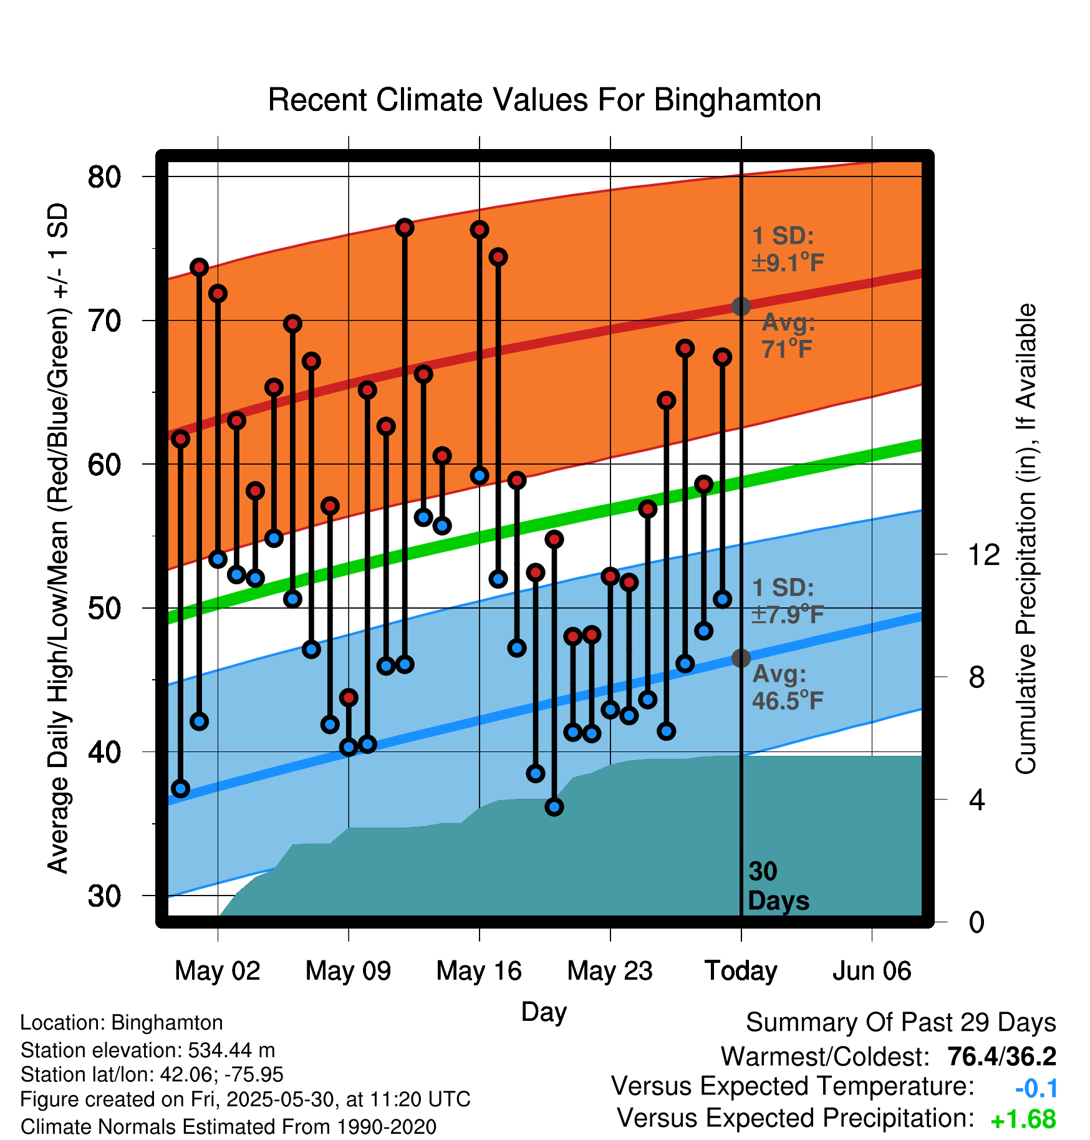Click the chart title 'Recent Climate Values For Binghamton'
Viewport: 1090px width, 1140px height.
pos(544,100)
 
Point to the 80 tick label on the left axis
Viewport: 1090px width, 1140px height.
pos(104,177)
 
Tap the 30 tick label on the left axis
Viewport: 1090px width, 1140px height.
pos(104,896)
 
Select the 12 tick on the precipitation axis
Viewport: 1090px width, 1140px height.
pos(983,554)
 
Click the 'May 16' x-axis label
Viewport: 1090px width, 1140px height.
pos(479,971)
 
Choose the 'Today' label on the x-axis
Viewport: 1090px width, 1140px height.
pos(741,971)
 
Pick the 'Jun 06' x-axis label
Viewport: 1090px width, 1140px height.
pos(872,971)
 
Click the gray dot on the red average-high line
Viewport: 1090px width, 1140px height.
pos(741,306)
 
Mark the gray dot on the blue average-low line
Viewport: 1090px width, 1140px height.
pos(741,658)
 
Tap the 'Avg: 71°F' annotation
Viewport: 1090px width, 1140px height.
pos(788,336)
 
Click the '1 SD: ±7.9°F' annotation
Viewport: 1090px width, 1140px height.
pos(787,601)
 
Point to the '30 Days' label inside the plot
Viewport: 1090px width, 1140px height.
pos(777,886)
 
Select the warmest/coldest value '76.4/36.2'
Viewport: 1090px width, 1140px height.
pos(1001,1057)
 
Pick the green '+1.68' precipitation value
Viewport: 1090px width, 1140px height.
pos(1023,1120)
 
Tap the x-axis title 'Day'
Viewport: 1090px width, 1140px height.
pos(544,1012)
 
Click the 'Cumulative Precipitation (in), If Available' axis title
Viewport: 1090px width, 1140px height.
pos(1026,539)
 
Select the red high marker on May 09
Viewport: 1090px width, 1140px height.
pos(349,697)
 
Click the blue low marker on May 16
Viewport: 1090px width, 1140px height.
pos(480,476)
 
